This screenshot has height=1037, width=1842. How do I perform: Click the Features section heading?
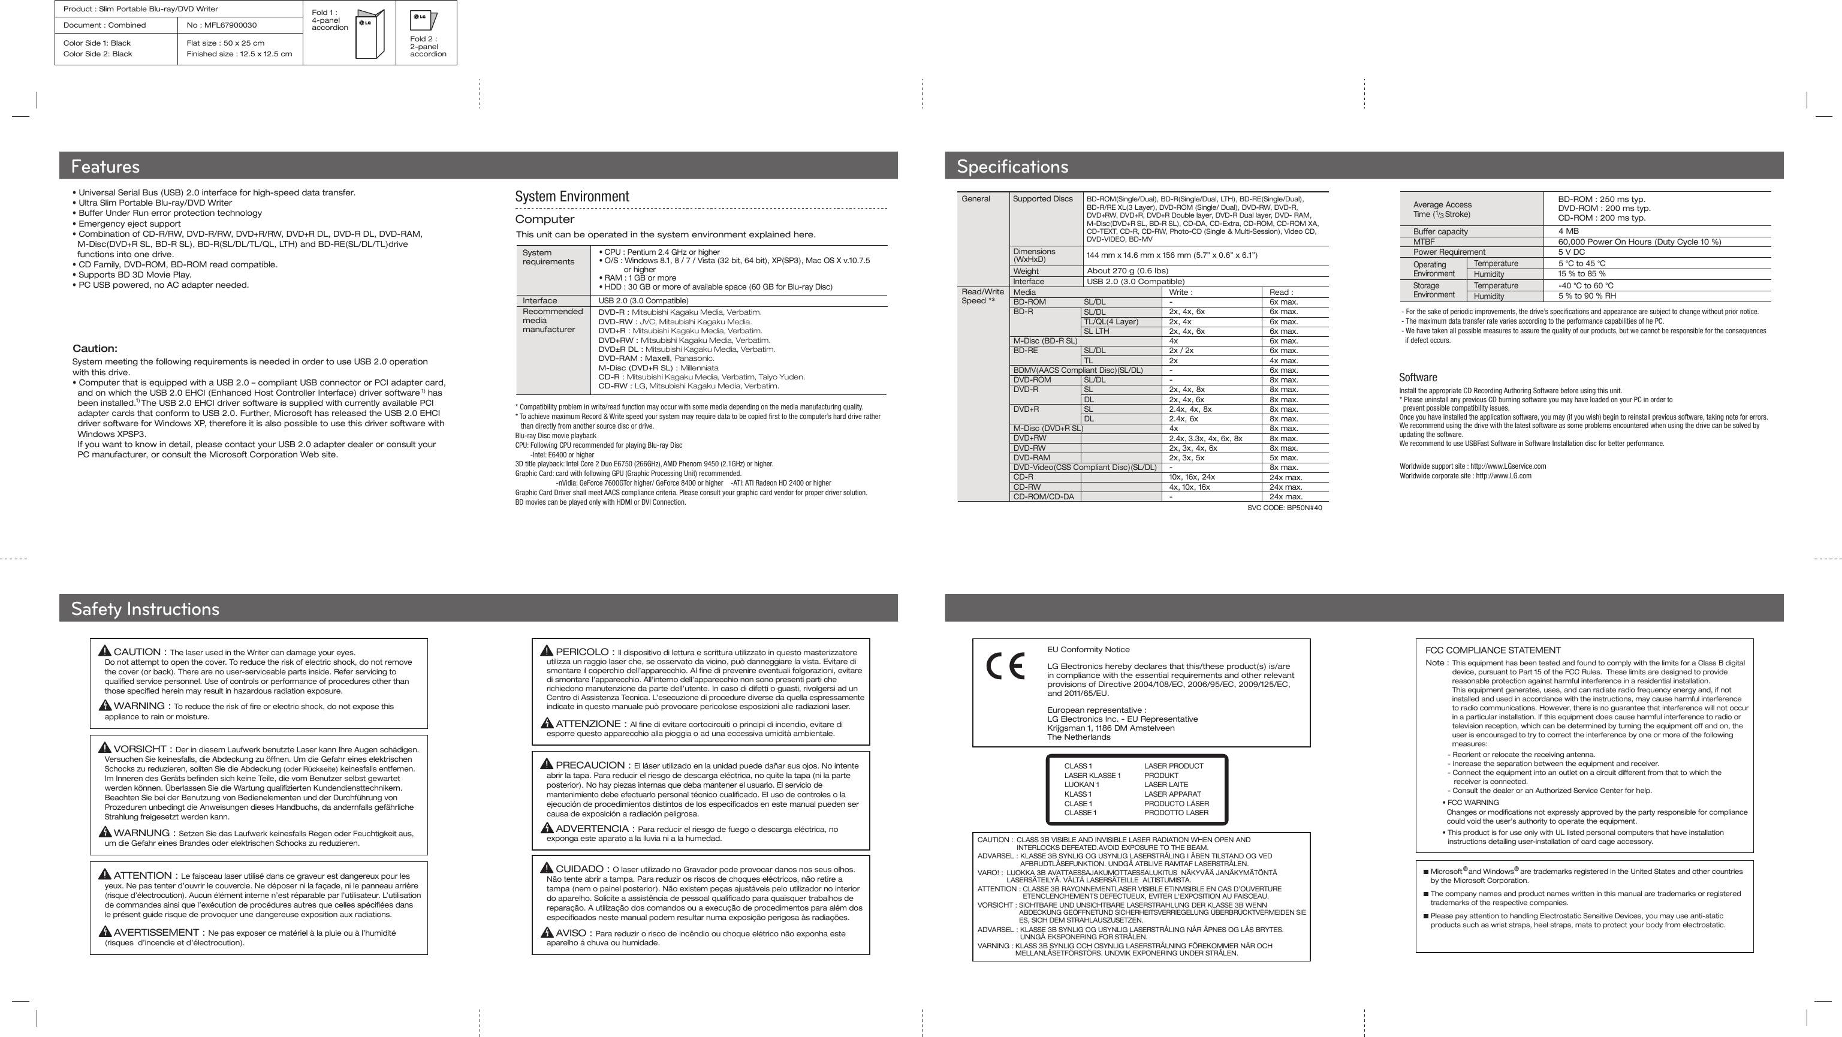click(x=105, y=167)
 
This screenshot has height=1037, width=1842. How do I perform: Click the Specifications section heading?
click(x=1012, y=167)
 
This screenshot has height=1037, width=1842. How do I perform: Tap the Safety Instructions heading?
click(x=145, y=608)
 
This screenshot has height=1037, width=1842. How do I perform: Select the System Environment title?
click(x=572, y=197)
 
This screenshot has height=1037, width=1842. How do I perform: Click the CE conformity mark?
click(x=1005, y=666)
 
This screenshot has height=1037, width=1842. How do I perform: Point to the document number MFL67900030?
click(x=222, y=25)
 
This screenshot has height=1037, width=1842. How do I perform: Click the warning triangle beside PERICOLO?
click(x=547, y=651)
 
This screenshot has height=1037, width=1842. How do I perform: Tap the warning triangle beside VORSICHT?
click(x=105, y=748)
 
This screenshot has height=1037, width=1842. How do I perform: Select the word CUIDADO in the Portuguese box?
click(x=580, y=869)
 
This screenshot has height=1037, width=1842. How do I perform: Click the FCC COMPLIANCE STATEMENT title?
click(x=1493, y=650)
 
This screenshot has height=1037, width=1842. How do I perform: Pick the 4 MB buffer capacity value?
click(x=1569, y=231)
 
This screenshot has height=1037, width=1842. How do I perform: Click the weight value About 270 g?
click(x=1127, y=271)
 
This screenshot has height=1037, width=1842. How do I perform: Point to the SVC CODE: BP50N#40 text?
click(x=1285, y=508)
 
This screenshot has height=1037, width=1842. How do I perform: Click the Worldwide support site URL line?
click(x=1472, y=466)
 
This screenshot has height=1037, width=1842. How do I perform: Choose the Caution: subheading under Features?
click(x=95, y=348)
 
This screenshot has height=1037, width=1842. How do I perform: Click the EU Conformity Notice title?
click(x=1089, y=649)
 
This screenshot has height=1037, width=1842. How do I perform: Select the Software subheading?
click(x=1418, y=378)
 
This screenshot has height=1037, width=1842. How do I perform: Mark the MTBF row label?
click(x=1424, y=242)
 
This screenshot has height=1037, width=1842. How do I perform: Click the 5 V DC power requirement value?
click(x=1572, y=252)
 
